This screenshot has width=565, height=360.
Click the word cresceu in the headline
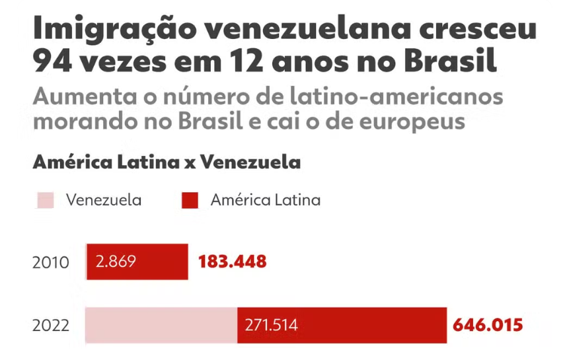coord(486,32)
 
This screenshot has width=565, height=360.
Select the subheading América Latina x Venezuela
coord(167,162)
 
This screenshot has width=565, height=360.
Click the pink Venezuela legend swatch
coord(44,201)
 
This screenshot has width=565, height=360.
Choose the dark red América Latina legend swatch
coord(190,201)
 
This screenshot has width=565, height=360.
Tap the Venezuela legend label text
coord(103,200)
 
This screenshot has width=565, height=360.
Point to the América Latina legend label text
coord(265,200)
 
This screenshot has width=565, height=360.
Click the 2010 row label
coord(51,262)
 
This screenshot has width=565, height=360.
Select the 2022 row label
coord(51,326)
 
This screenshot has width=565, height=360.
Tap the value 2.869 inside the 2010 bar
coord(116,262)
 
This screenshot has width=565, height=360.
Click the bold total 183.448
coord(232,262)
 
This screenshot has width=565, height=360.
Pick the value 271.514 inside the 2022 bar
coord(271,326)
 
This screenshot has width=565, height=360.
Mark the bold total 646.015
coord(488,325)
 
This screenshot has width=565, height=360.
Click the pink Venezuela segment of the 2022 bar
coord(161,326)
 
